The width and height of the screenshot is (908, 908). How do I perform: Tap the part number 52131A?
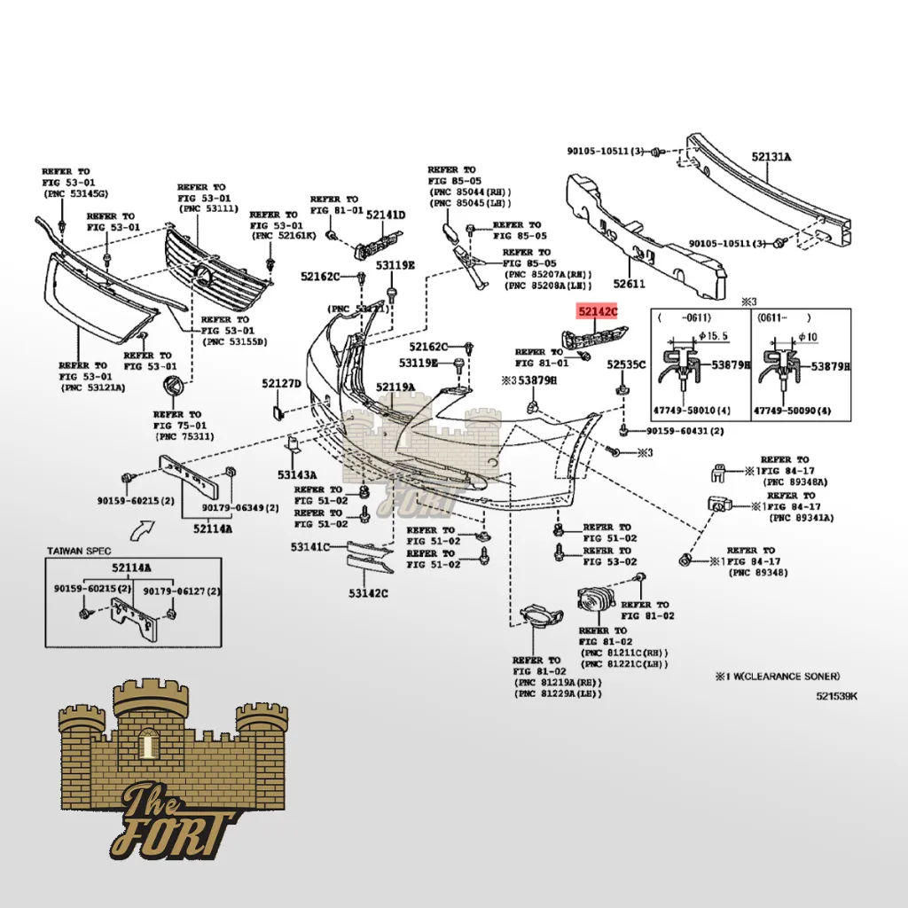pyautogui.click(x=771, y=157)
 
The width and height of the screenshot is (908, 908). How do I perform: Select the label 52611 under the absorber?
pyautogui.click(x=630, y=285)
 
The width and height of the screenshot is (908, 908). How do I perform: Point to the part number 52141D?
pyautogui.click(x=385, y=215)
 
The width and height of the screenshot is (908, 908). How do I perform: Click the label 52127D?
pyautogui.click(x=281, y=383)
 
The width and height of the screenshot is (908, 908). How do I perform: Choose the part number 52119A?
pyautogui.click(x=395, y=387)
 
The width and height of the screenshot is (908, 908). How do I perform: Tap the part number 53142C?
pyautogui.click(x=368, y=592)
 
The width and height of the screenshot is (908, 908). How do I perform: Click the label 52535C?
pyautogui.click(x=626, y=364)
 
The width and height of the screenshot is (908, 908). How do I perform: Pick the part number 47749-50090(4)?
pyautogui.click(x=793, y=411)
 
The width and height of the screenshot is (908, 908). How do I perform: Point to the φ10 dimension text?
pyautogui.click(x=807, y=337)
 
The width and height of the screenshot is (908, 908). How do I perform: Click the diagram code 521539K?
pyautogui.click(x=837, y=696)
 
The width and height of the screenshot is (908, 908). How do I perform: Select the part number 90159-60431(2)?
pyautogui.click(x=685, y=431)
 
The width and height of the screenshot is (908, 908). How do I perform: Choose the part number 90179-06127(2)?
pyautogui.click(x=183, y=591)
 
